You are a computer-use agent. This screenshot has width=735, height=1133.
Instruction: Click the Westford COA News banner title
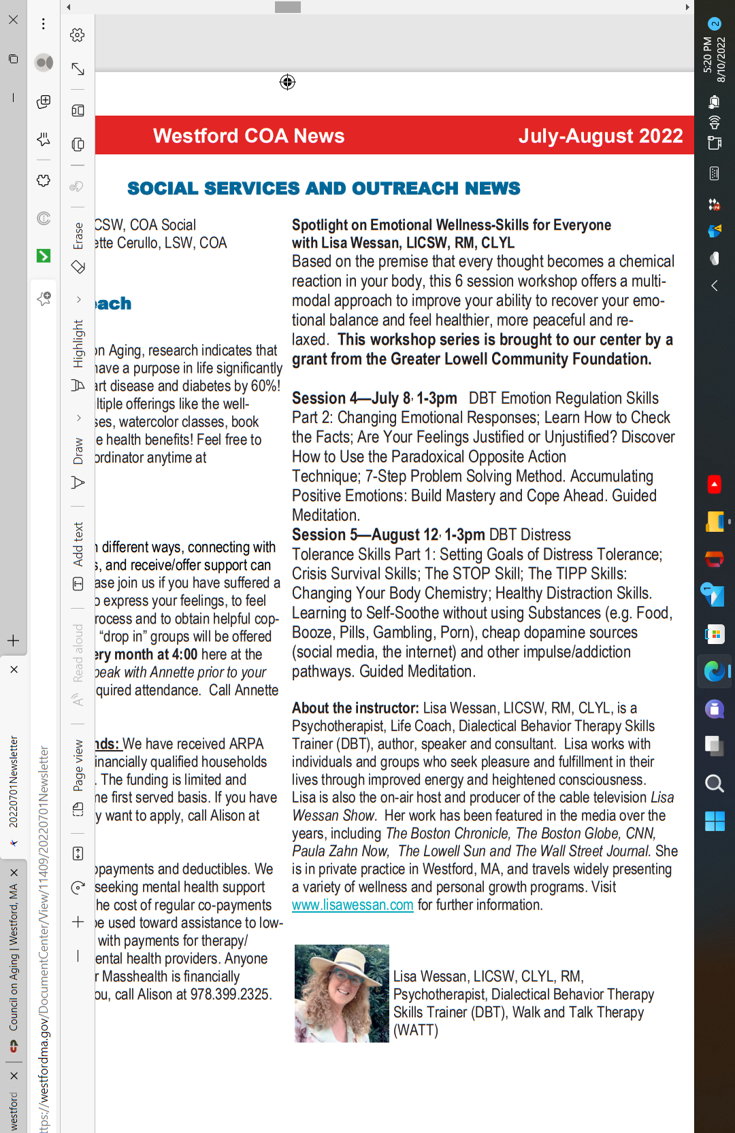tap(248, 136)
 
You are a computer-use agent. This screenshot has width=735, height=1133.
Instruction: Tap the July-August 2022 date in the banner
tap(600, 136)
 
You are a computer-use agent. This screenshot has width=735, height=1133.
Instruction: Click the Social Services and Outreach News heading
tap(323, 188)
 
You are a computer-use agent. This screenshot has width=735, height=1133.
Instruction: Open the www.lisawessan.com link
tap(353, 905)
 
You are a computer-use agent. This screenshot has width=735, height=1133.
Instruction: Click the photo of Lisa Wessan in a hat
tap(342, 993)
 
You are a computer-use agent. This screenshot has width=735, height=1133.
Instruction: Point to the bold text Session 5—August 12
tap(365, 535)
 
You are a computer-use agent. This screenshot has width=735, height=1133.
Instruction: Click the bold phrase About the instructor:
tap(355, 708)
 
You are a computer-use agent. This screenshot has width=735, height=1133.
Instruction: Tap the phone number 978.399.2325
tap(231, 994)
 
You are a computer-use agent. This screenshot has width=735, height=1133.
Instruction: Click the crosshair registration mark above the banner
tap(287, 82)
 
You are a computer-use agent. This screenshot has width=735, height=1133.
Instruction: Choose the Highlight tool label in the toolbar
tap(78, 343)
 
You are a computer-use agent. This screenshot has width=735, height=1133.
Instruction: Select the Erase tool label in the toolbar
tap(78, 236)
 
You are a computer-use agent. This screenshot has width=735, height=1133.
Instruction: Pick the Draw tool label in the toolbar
tap(78, 451)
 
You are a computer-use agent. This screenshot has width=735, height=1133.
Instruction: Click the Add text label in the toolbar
tap(78, 544)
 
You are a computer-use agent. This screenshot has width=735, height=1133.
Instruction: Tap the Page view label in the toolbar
tap(78, 765)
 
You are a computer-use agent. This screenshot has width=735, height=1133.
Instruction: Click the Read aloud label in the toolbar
tap(78, 653)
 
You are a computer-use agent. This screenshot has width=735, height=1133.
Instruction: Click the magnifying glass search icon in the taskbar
tap(714, 783)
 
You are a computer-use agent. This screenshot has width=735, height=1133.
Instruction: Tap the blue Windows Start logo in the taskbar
tap(714, 822)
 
